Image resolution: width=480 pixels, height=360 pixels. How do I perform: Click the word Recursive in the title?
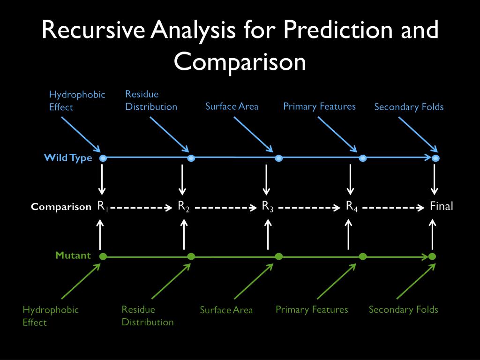click(x=94, y=31)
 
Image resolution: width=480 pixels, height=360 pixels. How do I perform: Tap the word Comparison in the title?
click(x=240, y=62)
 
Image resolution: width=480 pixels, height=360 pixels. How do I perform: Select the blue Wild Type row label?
click(x=68, y=157)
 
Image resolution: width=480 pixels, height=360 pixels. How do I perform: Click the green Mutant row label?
click(x=74, y=255)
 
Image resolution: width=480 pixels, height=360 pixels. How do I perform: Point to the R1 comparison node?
click(x=102, y=206)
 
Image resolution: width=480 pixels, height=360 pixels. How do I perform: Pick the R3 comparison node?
click(x=268, y=206)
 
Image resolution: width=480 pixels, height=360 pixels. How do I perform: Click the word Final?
click(x=442, y=206)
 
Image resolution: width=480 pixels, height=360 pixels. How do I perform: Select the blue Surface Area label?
click(x=232, y=106)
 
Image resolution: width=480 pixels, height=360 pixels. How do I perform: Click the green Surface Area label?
click(x=226, y=310)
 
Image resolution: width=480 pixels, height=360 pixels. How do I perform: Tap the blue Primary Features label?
click(x=319, y=106)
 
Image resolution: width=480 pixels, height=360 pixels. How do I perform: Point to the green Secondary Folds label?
click(x=403, y=309)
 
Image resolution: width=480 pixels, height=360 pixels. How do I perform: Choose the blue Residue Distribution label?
click(x=151, y=100)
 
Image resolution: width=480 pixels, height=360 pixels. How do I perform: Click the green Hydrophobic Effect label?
click(x=51, y=315)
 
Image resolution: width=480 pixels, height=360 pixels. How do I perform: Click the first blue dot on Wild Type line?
click(x=104, y=158)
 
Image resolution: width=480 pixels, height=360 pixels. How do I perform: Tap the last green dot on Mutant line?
click(x=432, y=256)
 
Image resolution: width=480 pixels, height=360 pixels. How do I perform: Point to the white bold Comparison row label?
click(x=61, y=207)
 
